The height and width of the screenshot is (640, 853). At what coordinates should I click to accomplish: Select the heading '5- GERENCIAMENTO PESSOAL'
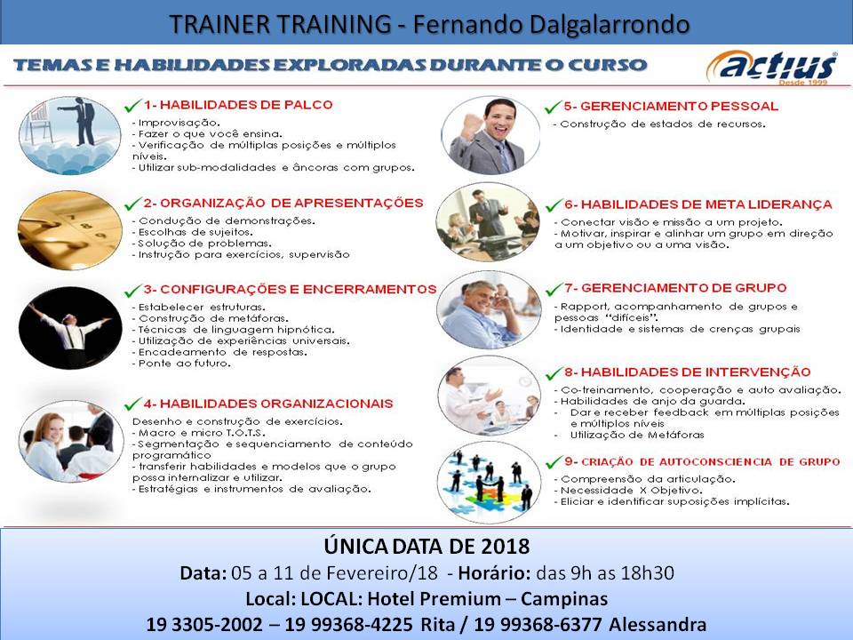[670, 106]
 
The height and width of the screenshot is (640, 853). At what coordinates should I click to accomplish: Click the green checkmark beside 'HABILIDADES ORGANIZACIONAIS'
[134, 404]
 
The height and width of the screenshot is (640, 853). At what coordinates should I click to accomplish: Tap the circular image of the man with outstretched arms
[70, 326]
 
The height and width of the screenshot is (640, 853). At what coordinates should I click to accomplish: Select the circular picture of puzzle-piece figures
[490, 481]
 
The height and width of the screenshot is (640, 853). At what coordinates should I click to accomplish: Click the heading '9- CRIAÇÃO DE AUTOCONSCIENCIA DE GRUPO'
[702, 461]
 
